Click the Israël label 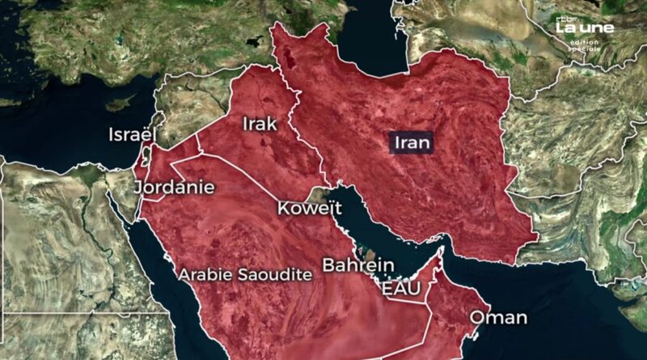point(132,135)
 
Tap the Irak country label point(260,124)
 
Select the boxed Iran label point(412,143)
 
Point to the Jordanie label point(175,188)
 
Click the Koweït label point(304,208)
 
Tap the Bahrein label point(357,265)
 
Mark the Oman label point(498,317)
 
